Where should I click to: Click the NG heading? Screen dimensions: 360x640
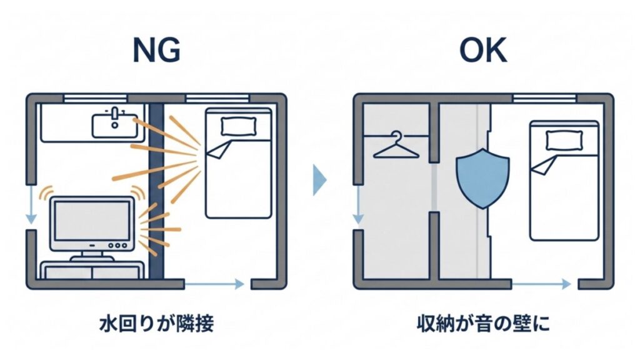pyautogui.click(x=157, y=52)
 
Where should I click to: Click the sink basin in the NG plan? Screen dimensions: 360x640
pyautogui.click(x=115, y=126)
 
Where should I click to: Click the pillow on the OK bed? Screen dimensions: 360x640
pyautogui.click(x=559, y=140)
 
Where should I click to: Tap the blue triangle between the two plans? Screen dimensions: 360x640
pyautogui.click(x=319, y=180)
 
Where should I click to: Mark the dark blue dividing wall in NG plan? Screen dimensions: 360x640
pyautogui.click(x=155, y=187)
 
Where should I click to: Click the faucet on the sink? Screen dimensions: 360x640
pyautogui.click(x=115, y=114)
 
